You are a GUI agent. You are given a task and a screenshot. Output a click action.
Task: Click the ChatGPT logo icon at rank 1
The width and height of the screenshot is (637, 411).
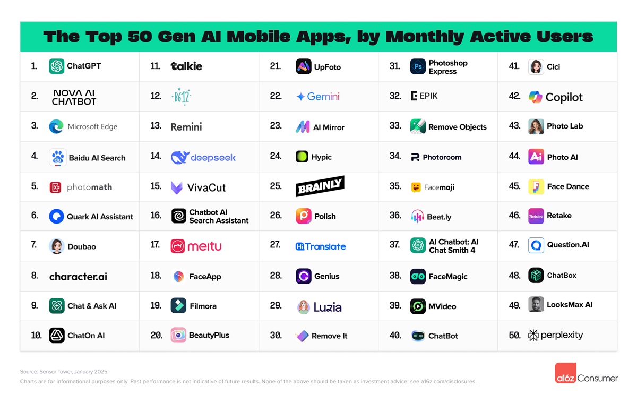point(56,66)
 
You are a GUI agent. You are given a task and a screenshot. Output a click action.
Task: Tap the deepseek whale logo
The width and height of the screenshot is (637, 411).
point(180,157)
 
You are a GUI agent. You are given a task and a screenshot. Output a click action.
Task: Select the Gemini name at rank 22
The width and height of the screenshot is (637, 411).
point(323,97)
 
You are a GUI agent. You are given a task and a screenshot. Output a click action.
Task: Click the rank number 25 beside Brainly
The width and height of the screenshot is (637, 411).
point(276,186)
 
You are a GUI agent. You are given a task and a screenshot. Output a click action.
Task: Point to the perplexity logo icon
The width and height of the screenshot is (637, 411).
point(533,335)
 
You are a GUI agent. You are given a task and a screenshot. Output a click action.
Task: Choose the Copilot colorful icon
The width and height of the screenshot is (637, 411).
point(535,97)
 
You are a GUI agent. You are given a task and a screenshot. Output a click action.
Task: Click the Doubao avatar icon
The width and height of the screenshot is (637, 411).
point(57,246)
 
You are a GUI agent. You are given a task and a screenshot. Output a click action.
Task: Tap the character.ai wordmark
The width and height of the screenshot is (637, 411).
point(78,276)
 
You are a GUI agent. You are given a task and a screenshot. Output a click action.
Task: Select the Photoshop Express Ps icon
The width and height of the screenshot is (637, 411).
point(418,67)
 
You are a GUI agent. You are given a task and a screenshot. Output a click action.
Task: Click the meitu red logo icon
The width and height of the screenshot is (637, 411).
point(178,246)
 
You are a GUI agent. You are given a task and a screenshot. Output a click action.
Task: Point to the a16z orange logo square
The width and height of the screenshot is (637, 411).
point(565,373)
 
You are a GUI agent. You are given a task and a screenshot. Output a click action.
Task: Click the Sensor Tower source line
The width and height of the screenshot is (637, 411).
point(64,372)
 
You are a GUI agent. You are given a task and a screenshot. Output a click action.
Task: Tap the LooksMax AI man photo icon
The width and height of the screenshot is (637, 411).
point(536,305)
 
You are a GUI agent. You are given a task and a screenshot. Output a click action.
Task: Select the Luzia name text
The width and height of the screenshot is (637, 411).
point(328,307)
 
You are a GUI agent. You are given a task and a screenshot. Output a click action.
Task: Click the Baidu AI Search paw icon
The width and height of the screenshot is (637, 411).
point(57,157)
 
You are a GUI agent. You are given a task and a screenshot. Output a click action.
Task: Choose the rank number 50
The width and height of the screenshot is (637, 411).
point(514,335)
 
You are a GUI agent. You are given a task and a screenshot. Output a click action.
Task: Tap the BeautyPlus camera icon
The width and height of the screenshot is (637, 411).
point(178,335)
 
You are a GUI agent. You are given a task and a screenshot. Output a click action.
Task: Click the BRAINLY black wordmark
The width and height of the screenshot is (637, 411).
point(320,186)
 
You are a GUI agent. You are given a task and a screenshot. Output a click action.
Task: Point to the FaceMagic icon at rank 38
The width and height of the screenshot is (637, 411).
point(418,277)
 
